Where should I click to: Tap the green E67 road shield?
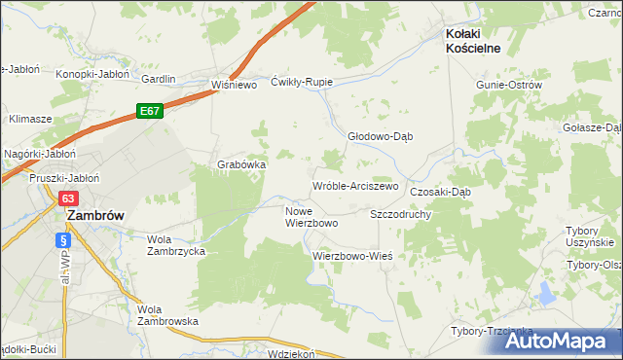[149, 112]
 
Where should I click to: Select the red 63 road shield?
[67, 198]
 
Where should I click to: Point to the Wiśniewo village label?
[233, 85]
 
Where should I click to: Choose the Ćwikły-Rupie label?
[302, 82]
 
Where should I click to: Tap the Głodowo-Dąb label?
[381, 136]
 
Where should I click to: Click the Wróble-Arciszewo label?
[354, 186]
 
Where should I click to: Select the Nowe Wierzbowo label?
[311, 216]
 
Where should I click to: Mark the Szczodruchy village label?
[400, 213]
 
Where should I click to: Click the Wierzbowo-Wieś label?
[351, 256]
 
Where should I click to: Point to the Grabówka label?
[241, 164]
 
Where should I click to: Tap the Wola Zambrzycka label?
[175, 244]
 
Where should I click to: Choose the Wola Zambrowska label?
[167, 314]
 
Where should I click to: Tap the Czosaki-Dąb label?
[440, 192]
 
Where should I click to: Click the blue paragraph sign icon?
[64, 239]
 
